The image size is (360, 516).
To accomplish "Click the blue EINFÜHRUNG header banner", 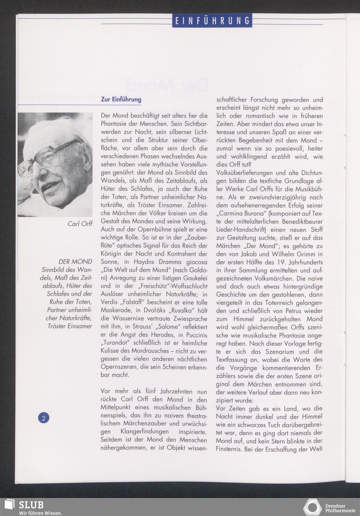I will click(x=212, y=21).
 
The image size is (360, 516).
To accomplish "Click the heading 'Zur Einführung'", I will click(x=121, y=99).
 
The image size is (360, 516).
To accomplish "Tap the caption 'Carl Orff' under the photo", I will click(x=80, y=224).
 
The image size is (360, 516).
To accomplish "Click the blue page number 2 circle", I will click(x=44, y=418).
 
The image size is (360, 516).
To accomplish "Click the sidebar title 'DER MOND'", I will click(x=75, y=262).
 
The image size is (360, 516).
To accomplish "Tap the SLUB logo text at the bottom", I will click(x=31, y=504).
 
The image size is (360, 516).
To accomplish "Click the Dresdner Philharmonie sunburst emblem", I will click(x=312, y=507).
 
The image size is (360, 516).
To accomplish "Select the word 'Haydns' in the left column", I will click(x=138, y=262).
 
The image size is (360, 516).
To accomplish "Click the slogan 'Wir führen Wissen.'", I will click(x=41, y=513).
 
